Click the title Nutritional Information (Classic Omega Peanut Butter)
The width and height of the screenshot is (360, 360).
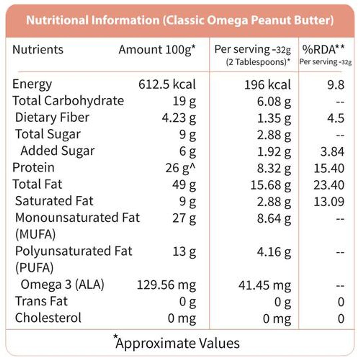click(180, 20)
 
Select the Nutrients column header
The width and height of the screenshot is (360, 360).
click(38, 50)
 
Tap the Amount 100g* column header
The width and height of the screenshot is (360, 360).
click(157, 50)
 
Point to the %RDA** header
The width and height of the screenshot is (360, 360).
click(323, 49)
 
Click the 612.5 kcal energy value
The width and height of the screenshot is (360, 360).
click(167, 84)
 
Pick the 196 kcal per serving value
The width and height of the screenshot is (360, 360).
click(268, 85)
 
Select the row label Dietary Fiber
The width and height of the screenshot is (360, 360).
click(52, 117)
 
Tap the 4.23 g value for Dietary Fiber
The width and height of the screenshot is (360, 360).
click(177, 118)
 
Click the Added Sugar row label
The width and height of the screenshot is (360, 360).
click(57, 151)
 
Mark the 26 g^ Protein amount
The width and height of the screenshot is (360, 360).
click(180, 168)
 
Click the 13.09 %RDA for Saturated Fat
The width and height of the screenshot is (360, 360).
click(329, 201)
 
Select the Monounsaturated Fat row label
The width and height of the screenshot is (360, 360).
click(77, 218)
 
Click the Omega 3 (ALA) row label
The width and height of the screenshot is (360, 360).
click(62, 285)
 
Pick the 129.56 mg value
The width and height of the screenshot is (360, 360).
click(167, 285)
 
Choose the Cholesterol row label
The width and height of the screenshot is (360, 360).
click(48, 318)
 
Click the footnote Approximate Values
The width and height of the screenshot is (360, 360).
click(177, 343)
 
